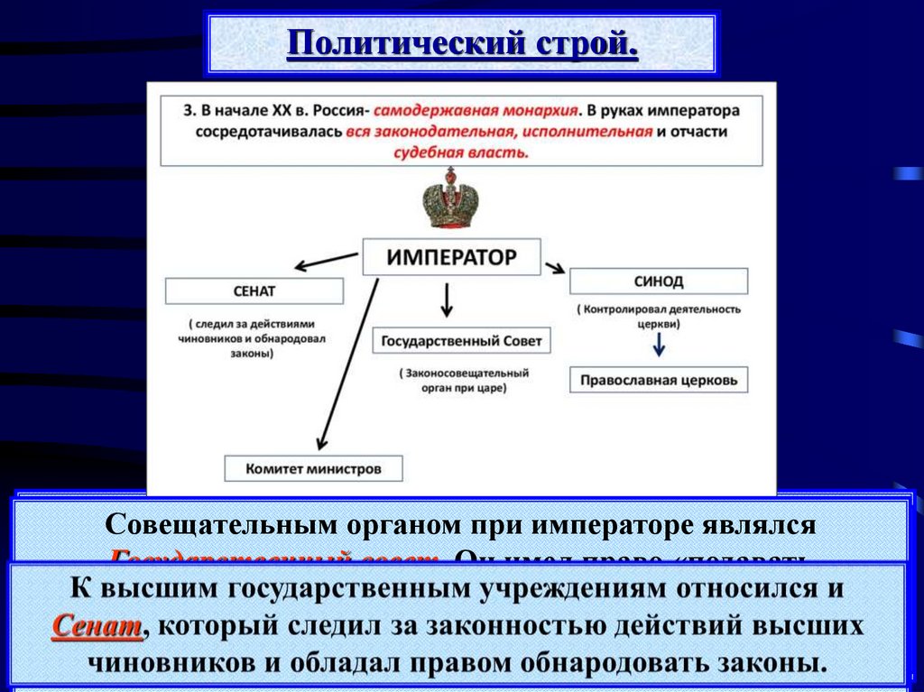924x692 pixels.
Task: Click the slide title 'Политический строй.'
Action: pyautogui.click(x=462, y=42)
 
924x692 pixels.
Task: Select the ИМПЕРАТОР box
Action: pyautogui.click(x=451, y=257)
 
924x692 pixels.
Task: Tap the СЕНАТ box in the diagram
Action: pyautogui.click(x=254, y=291)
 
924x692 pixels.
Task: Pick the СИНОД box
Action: pyautogui.click(x=658, y=281)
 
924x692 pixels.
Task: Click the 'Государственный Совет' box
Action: pyautogui.click(x=461, y=342)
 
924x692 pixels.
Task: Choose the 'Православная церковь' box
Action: pyautogui.click(x=659, y=380)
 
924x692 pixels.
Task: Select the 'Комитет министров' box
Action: pyautogui.click(x=313, y=468)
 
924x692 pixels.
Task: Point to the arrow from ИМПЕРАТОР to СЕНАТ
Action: pyautogui.click(x=327, y=260)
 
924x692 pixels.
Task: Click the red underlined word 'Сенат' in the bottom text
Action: pyautogui.click(x=97, y=625)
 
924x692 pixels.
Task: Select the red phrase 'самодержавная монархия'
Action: pyautogui.click(x=476, y=111)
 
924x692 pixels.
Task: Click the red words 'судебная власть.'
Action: pyautogui.click(x=461, y=151)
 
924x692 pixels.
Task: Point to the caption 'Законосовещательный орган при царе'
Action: pyautogui.click(x=462, y=380)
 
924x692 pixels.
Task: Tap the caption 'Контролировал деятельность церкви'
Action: pyautogui.click(x=659, y=316)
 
